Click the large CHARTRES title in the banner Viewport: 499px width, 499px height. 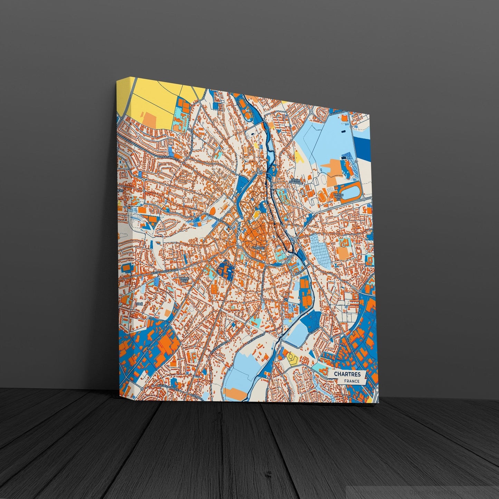pos(347,374)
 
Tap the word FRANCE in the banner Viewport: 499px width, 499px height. pos(351,381)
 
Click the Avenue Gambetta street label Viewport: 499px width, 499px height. pos(167,157)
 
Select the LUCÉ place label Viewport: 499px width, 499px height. pos(139,304)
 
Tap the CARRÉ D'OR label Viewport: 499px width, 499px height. pos(183,279)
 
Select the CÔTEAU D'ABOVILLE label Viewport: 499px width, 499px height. pos(296,181)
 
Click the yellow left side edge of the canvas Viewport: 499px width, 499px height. pos(125,100)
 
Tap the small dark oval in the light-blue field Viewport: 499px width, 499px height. pos(343,131)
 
